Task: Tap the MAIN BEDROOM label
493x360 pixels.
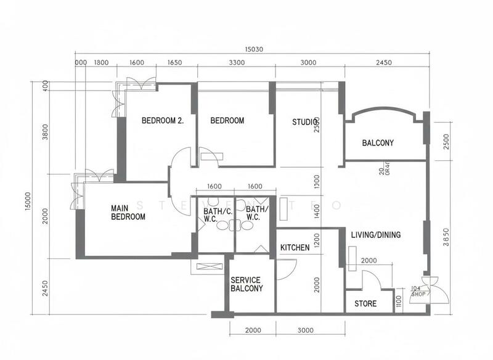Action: click(128, 213)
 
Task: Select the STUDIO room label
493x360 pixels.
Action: click(306, 121)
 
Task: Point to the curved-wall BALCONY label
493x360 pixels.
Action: click(378, 143)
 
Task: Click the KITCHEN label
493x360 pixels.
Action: click(295, 248)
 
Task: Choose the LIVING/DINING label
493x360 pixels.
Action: click(376, 235)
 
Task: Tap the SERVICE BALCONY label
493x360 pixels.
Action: click(246, 284)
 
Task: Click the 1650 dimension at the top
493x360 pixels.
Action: click(175, 63)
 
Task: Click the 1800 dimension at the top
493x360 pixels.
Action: click(101, 63)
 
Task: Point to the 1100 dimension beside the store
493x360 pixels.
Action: click(398, 301)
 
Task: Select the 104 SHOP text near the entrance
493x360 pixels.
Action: click(419, 291)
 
